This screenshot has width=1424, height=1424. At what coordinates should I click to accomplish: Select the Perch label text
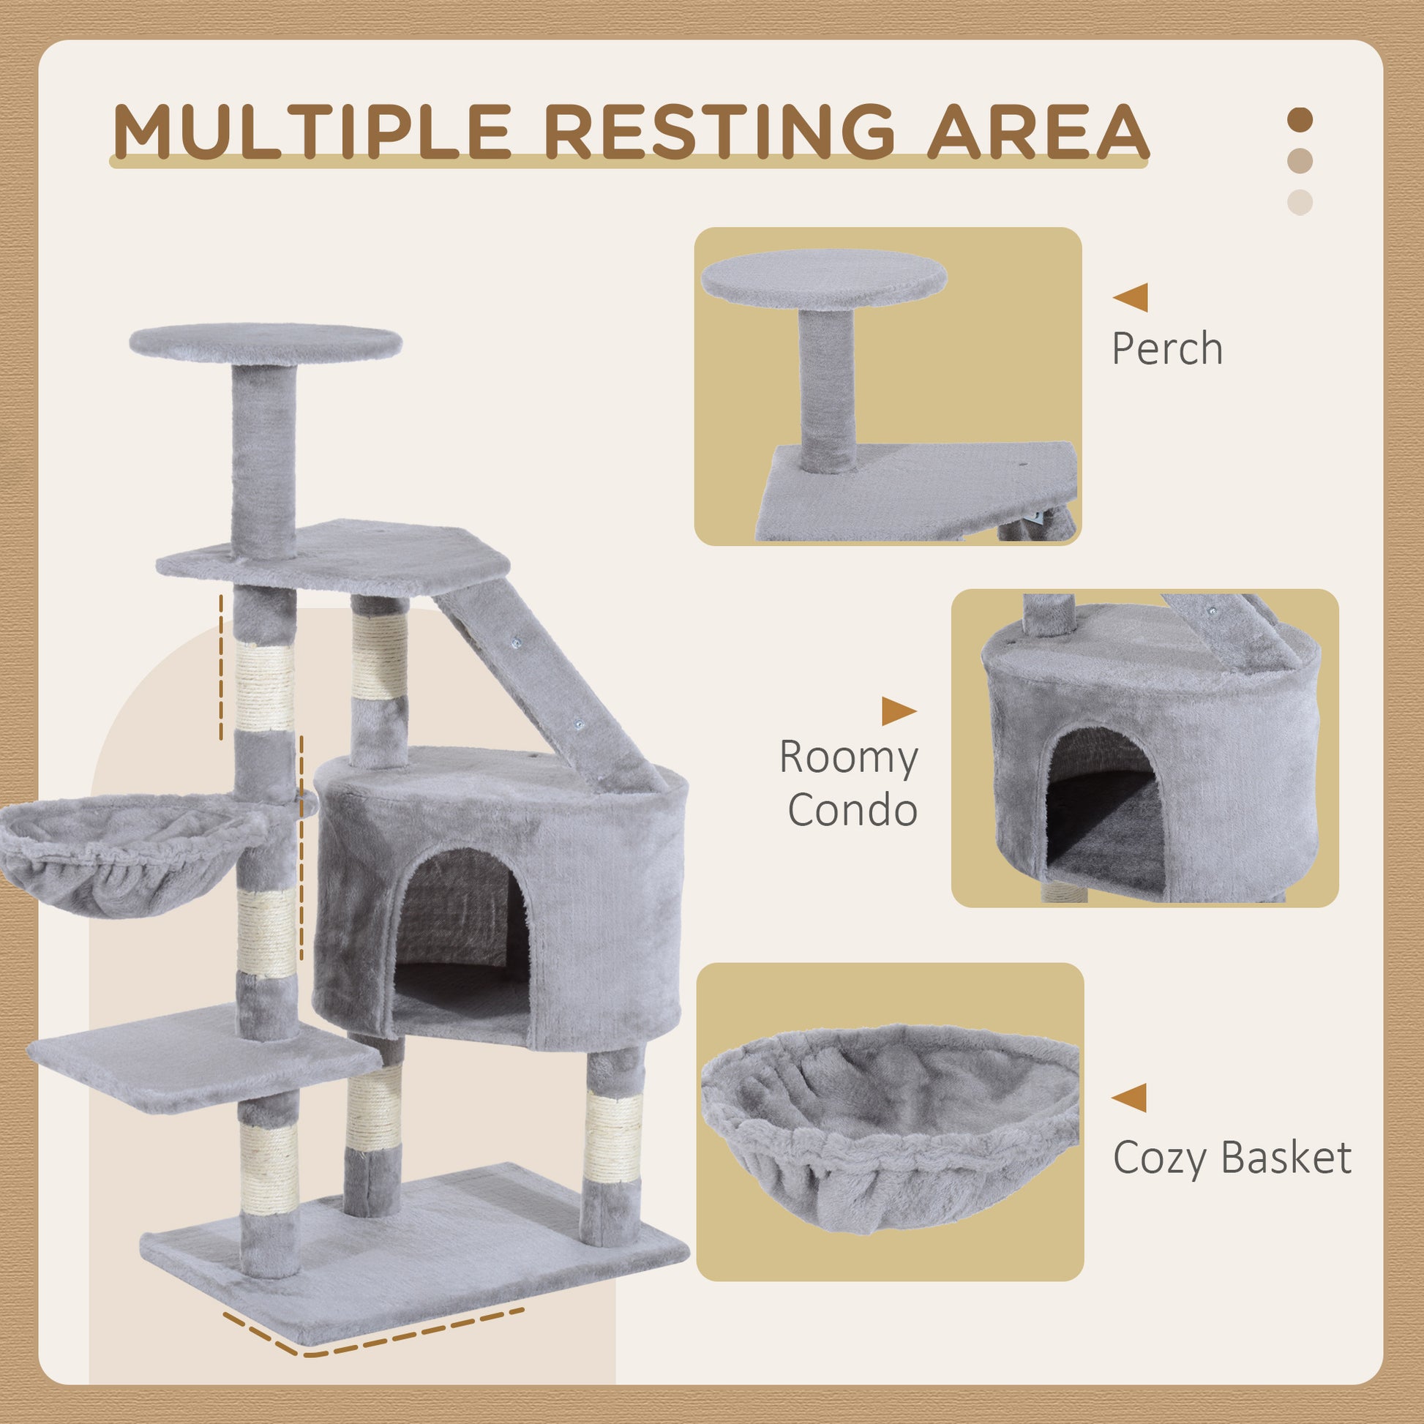tap(1166, 348)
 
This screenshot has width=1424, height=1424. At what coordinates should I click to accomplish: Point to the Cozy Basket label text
tap(1232, 1158)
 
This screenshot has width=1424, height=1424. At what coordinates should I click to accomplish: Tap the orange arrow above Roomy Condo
tap(898, 711)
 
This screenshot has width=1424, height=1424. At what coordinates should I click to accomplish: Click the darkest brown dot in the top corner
tap(1300, 119)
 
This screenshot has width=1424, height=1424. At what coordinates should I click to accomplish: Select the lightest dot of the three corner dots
tap(1300, 202)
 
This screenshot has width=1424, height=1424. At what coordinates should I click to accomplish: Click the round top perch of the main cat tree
tap(266, 343)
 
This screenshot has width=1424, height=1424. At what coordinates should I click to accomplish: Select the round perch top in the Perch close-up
tap(823, 279)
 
